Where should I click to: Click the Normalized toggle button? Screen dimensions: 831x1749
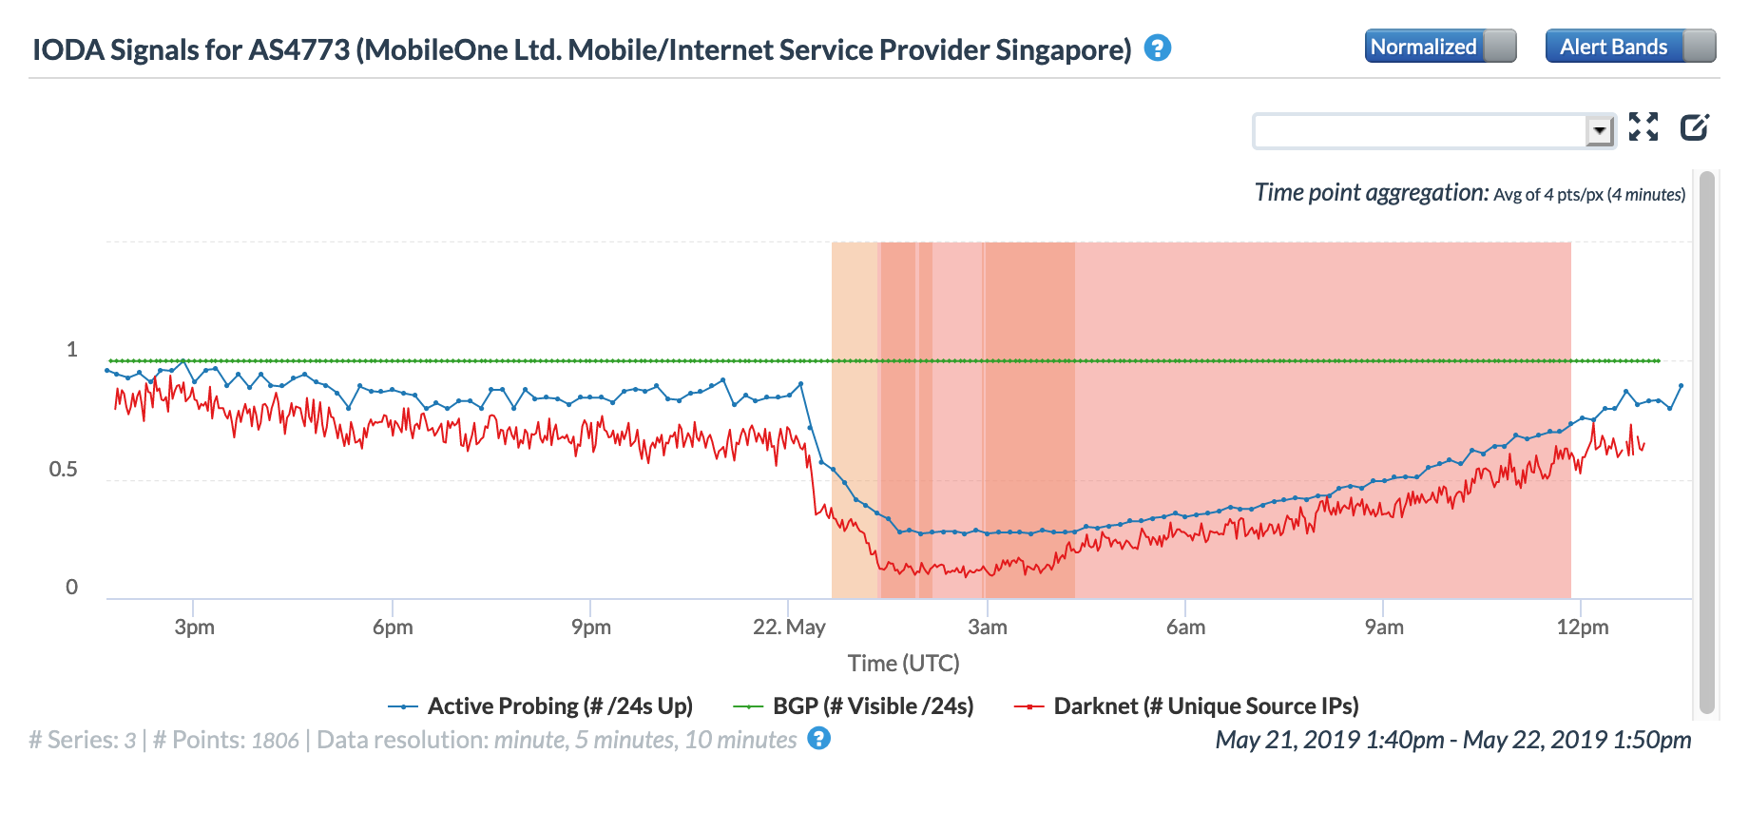(x=1439, y=47)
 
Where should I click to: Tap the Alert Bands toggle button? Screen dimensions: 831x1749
(x=1629, y=47)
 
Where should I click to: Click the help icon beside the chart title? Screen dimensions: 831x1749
(x=1157, y=48)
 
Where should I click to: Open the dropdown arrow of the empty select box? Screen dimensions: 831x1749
(x=1600, y=130)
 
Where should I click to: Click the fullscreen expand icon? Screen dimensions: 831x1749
(x=1643, y=126)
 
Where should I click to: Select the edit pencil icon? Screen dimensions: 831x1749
(x=1694, y=126)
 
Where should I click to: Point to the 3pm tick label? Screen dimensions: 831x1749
(x=194, y=628)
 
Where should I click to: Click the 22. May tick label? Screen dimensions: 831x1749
(x=789, y=628)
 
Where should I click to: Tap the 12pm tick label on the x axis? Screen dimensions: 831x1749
(x=1582, y=628)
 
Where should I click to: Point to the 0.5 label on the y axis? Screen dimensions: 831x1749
(x=64, y=470)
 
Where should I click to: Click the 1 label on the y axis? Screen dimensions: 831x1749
(x=71, y=350)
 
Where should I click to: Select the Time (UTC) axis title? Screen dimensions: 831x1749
(x=903, y=663)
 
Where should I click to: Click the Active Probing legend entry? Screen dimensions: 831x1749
(x=559, y=706)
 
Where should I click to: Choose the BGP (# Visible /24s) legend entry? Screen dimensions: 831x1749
(x=872, y=706)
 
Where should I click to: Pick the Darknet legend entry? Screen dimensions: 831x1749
(x=1205, y=706)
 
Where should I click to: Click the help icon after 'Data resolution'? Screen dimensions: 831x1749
(x=818, y=739)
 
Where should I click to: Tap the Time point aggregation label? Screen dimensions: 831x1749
(x=1371, y=193)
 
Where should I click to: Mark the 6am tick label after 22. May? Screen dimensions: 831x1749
(x=1185, y=628)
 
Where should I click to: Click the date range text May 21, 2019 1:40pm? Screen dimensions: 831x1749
(x=1329, y=740)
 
